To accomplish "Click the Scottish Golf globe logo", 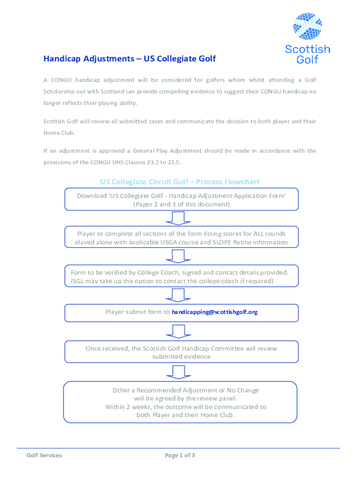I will coord(307,27).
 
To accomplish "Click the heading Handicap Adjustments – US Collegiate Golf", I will coord(130,59).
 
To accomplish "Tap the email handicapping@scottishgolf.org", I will coord(215,312).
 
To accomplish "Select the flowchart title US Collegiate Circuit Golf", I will coord(180,181).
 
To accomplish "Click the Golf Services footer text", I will coord(44,455).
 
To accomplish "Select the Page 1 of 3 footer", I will coord(180,455).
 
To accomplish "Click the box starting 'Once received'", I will coord(181,352).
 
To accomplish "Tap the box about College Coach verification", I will coord(179,276).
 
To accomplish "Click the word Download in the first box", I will coord(92,196).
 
